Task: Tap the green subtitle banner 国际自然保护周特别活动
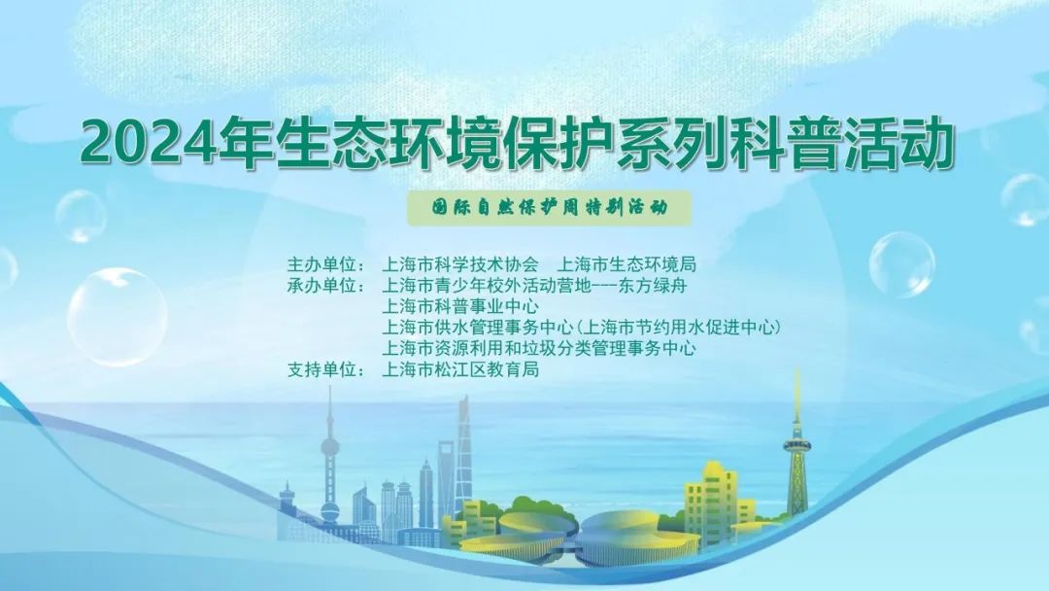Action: [x=549, y=208]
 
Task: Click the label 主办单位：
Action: [x=326, y=264]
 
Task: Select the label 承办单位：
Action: [x=326, y=286]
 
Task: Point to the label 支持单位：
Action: [x=326, y=369]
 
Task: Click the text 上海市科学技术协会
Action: [x=459, y=264]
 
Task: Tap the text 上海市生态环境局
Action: [x=626, y=264]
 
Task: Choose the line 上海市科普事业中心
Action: [x=459, y=306]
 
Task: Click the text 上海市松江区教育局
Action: [x=459, y=369]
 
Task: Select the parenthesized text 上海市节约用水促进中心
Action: [x=679, y=328]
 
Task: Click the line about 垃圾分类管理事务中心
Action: [x=538, y=349]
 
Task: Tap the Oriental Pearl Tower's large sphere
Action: [x=329, y=447]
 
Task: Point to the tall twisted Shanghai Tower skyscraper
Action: [x=462, y=455]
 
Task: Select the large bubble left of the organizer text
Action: [x=118, y=317]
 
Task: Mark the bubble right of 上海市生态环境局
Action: [x=901, y=264]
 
